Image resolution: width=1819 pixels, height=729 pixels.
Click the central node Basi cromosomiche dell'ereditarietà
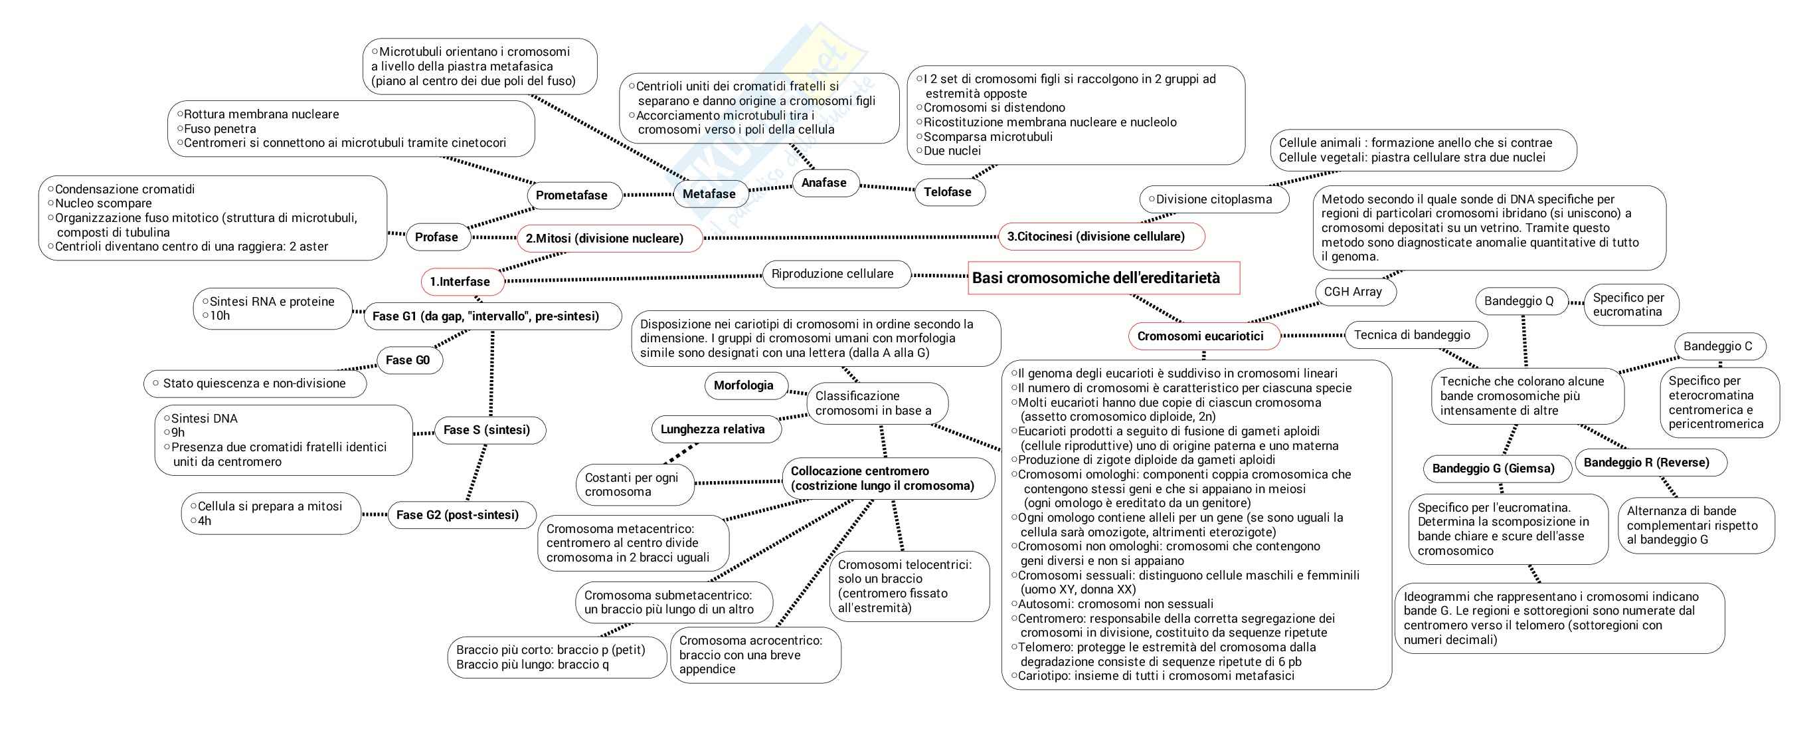(1103, 278)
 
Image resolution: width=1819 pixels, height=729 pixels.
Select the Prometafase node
(571, 195)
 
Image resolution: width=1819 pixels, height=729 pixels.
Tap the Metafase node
(709, 193)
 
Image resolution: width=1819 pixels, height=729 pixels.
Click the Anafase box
(823, 182)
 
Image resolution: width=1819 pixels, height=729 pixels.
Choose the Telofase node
(948, 191)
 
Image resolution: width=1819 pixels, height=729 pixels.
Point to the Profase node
(436, 237)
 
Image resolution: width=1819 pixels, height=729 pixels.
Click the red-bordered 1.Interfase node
(460, 281)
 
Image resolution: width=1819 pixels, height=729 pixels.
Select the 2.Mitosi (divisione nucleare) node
(604, 238)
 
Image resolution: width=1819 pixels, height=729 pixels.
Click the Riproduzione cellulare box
(833, 273)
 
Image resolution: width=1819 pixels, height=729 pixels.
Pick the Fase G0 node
(408, 360)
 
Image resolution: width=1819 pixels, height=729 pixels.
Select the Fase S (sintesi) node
(487, 429)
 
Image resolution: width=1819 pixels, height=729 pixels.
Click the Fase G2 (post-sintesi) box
(458, 515)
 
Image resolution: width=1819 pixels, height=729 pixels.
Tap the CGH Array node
(1352, 291)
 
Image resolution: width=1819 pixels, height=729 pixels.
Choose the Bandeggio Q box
(1519, 301)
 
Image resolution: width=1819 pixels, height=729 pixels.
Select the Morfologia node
(744, 385)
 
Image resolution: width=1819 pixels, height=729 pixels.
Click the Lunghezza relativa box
(713, 429)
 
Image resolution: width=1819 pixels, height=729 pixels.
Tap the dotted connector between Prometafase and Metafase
(648, 194)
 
